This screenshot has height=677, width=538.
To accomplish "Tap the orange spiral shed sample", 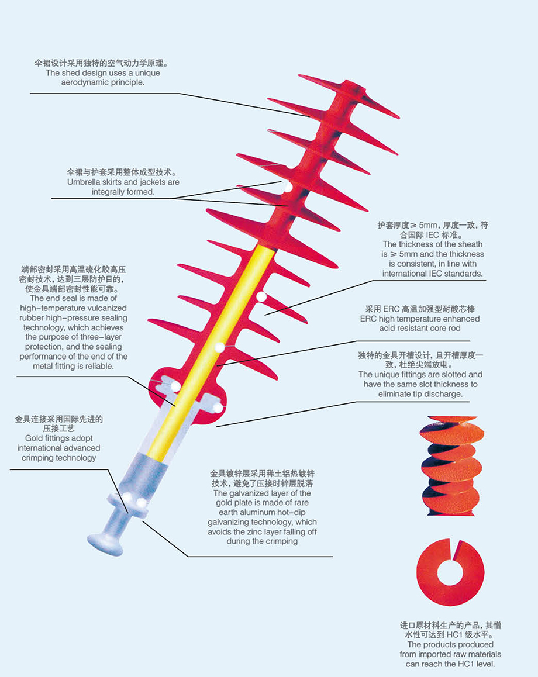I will coord(450,465).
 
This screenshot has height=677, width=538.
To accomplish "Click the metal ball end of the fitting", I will coord(105,541).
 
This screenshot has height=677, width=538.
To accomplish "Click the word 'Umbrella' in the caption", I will coord(84,182).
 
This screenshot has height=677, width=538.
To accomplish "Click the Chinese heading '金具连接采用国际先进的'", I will coord(58,419).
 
